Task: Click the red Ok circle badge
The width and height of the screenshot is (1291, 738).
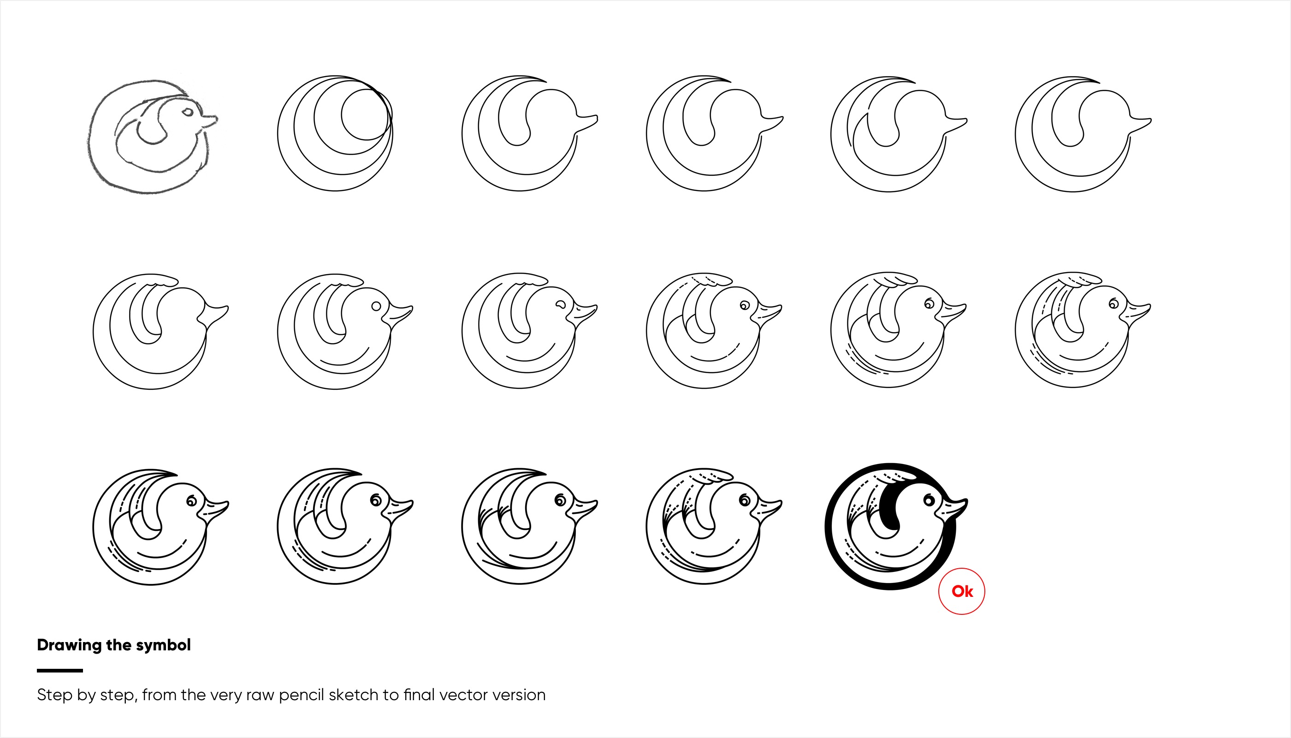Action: click(x=961, y=591)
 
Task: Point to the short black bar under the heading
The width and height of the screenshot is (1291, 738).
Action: click(x=60, y=670)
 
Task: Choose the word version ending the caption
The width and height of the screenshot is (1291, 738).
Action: click(x=520, y=695)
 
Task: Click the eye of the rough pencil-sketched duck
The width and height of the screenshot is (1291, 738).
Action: click(x=188, y=112)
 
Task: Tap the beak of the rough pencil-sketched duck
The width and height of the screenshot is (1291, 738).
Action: click(x=209, y=121)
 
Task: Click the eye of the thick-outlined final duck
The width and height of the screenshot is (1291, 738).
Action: click(x=929, y=501)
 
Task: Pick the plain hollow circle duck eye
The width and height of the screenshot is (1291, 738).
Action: click(x=376, y=306)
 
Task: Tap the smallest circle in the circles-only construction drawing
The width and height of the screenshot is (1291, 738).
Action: click(x=365, y=114)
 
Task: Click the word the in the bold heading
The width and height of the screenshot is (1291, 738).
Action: click(x=119, y=645)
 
